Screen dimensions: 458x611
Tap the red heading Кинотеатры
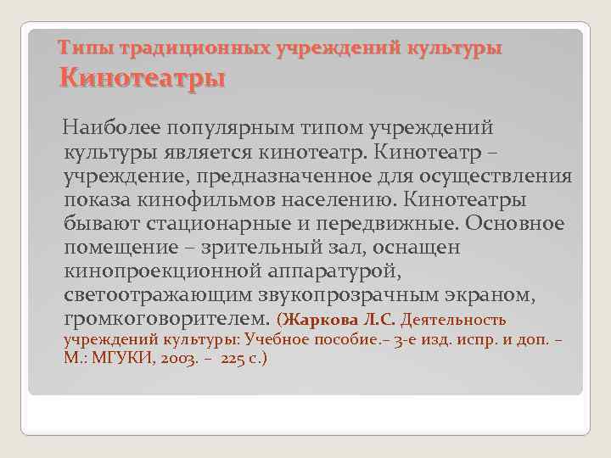pyautogui.click(x=141, y=80)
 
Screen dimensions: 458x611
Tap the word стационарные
pyautogui.click(x=216, y=225)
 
